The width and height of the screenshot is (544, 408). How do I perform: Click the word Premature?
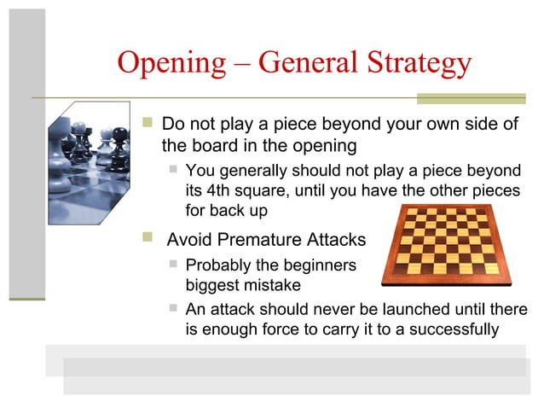(x=258, y=240)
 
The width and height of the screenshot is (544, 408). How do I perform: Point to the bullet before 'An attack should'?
(x=174, y=307)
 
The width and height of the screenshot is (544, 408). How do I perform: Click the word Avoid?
(x=187, y=240)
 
